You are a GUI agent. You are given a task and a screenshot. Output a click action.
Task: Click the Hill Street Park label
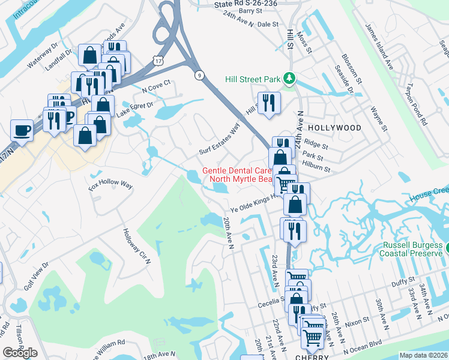(253, 79)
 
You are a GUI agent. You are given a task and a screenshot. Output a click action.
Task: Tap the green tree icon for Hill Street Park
(289, 78)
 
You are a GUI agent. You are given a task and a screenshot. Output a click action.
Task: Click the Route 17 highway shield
(158, 61)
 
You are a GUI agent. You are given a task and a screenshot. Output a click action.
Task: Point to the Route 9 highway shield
(199, 74)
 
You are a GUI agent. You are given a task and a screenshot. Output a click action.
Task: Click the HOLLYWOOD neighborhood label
(334, 128)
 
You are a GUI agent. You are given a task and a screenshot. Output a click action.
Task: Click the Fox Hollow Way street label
(110, 184)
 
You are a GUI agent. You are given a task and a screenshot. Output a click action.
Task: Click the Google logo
(20, 353)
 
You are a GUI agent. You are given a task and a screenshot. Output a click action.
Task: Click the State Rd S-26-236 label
(246, 4)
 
